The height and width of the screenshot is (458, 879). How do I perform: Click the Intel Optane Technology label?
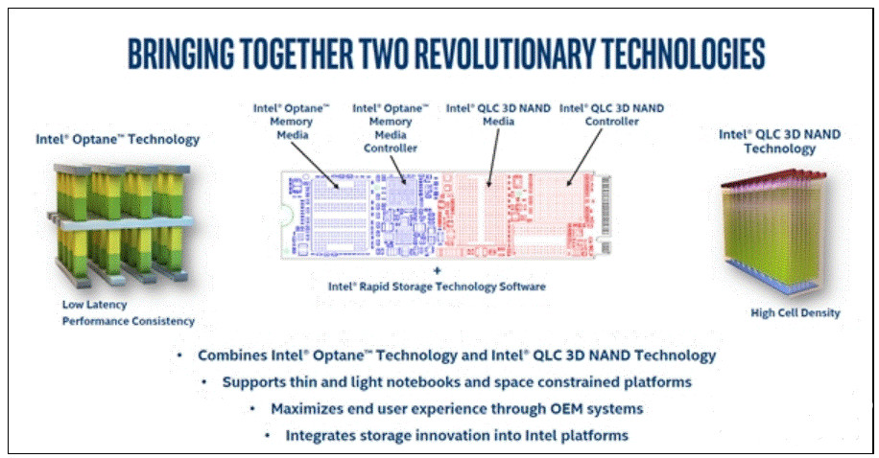[x=118, y=139]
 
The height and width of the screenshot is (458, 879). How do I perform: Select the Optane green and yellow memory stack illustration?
[x=121, y=223]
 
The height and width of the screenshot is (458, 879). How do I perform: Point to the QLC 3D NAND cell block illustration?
[x=773, y=233]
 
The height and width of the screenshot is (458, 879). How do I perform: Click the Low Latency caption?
[x=94, y=305]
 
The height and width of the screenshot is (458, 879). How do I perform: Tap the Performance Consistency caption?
[x=129, y=321]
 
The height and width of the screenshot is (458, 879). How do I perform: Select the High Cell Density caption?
[x=795, y=313]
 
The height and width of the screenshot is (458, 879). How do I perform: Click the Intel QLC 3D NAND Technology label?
[x=779, y=141]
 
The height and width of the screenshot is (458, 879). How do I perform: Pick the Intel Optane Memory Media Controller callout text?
[x=391, y=128]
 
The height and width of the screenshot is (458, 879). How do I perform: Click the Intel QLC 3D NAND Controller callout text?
[x=611, y=115]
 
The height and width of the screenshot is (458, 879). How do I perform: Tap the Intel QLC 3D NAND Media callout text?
[x=498, y=115]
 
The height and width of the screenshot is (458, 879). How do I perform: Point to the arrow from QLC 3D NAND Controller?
[x=584, y=157]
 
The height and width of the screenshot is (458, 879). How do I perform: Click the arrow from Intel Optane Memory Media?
[x=315, y=165]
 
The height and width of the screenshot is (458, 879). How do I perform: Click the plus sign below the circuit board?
[x=438, y=271]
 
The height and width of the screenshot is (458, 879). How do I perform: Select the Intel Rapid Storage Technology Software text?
[x=437, y=286]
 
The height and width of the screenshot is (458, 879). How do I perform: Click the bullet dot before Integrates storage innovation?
[x=268, y=435]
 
